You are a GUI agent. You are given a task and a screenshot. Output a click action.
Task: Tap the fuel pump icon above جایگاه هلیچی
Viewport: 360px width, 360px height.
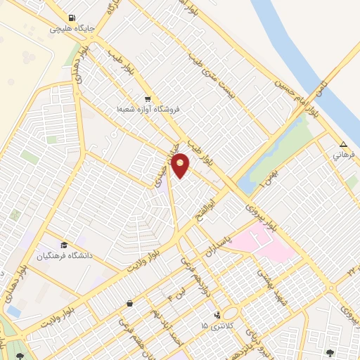(72, 18)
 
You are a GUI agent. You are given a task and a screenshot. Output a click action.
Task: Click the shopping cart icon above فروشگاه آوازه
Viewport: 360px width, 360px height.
(148, 99)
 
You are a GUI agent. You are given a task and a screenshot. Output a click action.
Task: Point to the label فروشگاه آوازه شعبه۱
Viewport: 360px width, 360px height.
(148, 110)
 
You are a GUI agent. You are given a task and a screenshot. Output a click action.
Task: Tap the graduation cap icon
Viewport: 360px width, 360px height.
(64, 245)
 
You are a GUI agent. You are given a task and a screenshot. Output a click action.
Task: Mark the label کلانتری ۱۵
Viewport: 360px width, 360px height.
(214, 326)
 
